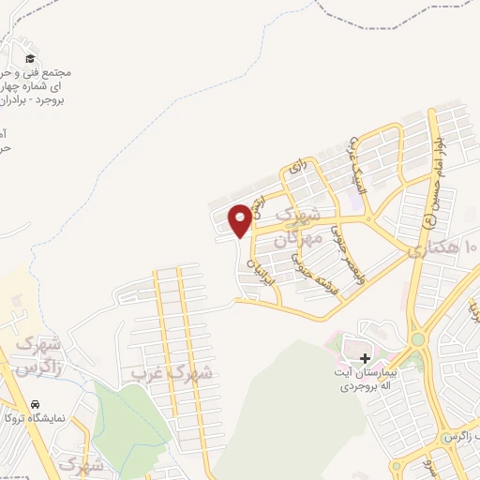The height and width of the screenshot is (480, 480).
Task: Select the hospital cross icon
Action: coord(365,358)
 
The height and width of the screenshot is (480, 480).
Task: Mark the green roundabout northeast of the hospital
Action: coord(416,339)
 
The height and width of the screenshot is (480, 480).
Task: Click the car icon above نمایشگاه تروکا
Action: coord(35,403)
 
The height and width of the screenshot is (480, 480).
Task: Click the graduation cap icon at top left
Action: coord(30,59)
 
